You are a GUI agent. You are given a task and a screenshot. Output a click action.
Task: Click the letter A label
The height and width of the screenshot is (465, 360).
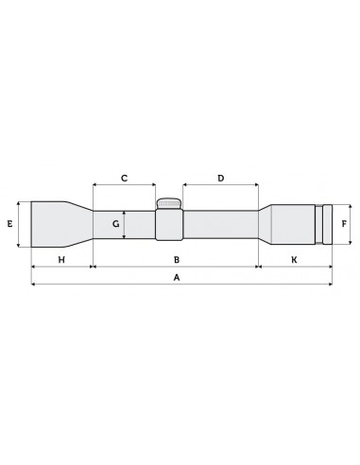176,277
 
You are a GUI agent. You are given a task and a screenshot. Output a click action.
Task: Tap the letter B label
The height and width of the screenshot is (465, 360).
176,258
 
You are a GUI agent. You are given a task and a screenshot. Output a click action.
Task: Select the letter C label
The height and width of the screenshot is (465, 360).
124,178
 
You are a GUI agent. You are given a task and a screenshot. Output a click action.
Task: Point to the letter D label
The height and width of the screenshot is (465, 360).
220,178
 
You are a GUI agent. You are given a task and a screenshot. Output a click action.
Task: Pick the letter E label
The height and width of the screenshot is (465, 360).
9,224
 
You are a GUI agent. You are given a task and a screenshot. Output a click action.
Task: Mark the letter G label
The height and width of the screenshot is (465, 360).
115,224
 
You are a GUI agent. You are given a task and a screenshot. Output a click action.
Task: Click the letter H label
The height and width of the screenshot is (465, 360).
61,258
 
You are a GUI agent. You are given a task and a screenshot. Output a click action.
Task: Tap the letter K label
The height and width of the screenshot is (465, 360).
294,258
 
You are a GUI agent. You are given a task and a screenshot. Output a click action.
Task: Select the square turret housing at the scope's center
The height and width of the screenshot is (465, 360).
169,225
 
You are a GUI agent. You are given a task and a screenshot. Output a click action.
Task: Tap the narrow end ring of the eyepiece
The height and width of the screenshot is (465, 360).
327,225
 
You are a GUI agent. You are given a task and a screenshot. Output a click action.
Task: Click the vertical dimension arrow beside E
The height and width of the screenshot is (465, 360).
20,224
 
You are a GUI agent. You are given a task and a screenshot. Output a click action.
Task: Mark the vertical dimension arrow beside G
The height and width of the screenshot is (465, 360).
125,224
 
